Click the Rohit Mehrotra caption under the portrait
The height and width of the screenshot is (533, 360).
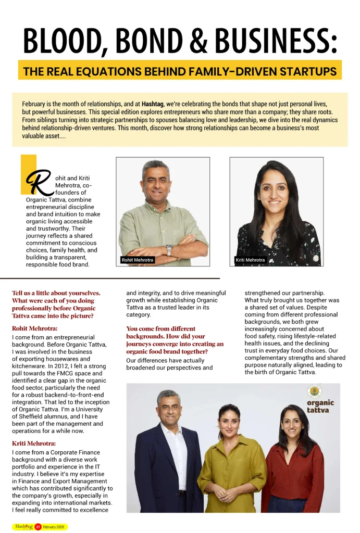pos(135,260)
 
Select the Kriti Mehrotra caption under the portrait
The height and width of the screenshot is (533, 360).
pos(250,260)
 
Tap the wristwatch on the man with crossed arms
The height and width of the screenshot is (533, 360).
pos(169,250)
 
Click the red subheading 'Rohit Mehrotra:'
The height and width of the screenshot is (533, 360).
pos(35,328)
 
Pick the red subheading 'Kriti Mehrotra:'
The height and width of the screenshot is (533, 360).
pos(34,443)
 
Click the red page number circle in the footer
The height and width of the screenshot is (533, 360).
pos(38,527)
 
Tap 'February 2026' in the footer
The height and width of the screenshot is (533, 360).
pos(54,527)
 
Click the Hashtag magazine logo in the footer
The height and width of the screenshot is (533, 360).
pos(23,526)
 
